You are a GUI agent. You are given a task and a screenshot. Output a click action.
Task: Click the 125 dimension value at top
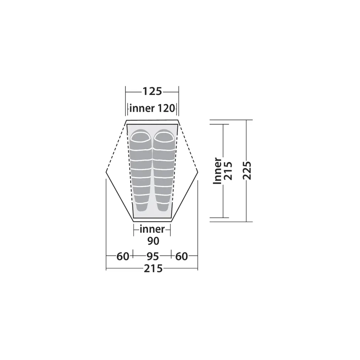pyautogui.click(x=152, y=91)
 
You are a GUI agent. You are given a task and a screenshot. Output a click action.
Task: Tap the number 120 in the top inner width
pyautogui.click(x=166, y=108)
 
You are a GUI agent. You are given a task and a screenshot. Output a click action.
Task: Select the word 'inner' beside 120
pyautogui.click(x=142, y=108)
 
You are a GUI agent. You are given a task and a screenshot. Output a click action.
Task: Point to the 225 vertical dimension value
pyautogui.click(x=247, y=171)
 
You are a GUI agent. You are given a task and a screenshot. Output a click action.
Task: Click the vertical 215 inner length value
pyautogui.click(x=228, y=171)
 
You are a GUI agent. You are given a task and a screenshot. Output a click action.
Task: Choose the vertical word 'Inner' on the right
pyautogui.click(x=217, y=171)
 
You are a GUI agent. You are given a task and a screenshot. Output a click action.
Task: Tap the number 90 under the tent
pyautogui.click(x=153, y=241)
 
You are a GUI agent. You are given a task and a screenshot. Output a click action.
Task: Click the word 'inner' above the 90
pyautogui.click(x=152, y=229)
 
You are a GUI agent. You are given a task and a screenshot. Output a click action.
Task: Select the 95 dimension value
pyautogui.click(x=153, y=256)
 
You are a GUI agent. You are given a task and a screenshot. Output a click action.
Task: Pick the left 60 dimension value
pyautogui.click(x=123, y=256)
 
